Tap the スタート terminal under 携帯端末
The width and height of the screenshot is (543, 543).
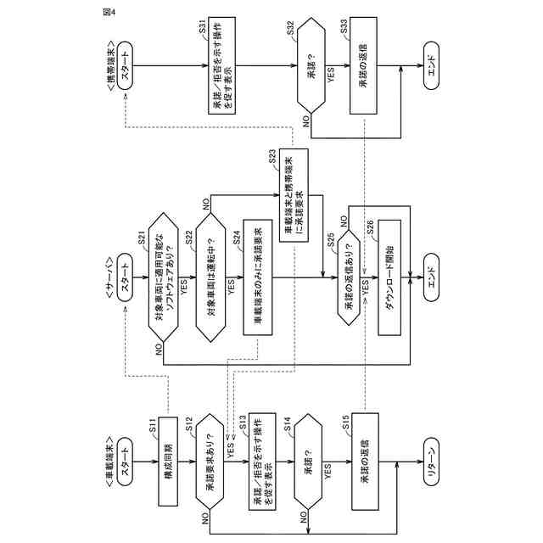point(124,71)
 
